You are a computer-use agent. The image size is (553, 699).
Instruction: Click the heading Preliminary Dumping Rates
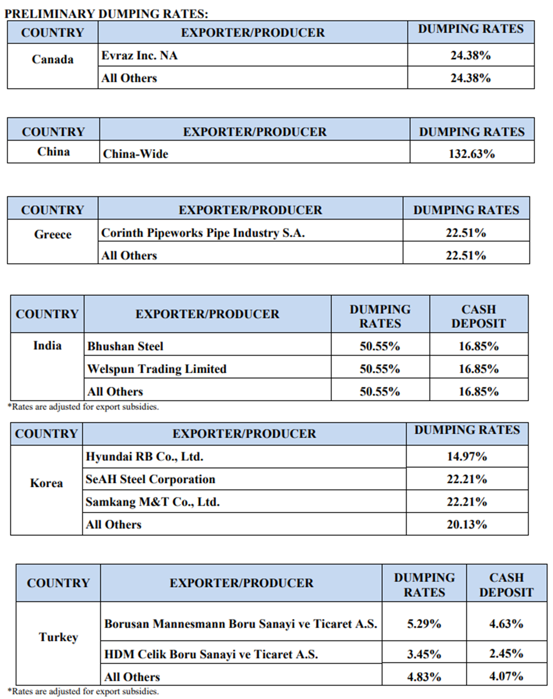click(106, 14)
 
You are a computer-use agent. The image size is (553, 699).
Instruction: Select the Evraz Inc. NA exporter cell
click(139, 55)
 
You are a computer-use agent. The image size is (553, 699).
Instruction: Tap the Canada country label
click(53, 60)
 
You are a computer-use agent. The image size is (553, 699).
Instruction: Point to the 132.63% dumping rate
click(471, 154)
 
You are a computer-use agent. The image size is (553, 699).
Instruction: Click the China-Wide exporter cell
click(136, 154)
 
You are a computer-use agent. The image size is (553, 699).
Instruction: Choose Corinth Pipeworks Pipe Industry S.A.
click(203, 233)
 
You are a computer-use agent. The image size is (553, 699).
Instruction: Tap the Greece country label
click(53, 234)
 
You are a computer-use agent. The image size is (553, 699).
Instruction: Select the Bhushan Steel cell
click(125, 346)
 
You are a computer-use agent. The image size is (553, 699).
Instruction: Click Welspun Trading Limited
click(157, 369)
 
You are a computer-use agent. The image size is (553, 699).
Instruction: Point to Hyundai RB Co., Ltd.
click(144, 456)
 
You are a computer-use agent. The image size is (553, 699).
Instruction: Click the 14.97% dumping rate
click(467, 456)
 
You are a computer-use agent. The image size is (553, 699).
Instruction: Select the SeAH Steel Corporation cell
click(150, 479)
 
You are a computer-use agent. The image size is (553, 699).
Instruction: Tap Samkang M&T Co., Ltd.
click(153, 502)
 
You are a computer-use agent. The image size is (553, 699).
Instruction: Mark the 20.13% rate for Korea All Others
click(467, 524)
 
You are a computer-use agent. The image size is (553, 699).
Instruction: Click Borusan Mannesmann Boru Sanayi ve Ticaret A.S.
click(240, 624)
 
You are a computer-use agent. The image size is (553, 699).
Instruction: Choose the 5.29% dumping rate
click(424, 624)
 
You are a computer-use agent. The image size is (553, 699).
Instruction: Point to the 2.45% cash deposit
click(506, 653)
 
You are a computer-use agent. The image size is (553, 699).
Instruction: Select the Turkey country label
click(59, 637)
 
